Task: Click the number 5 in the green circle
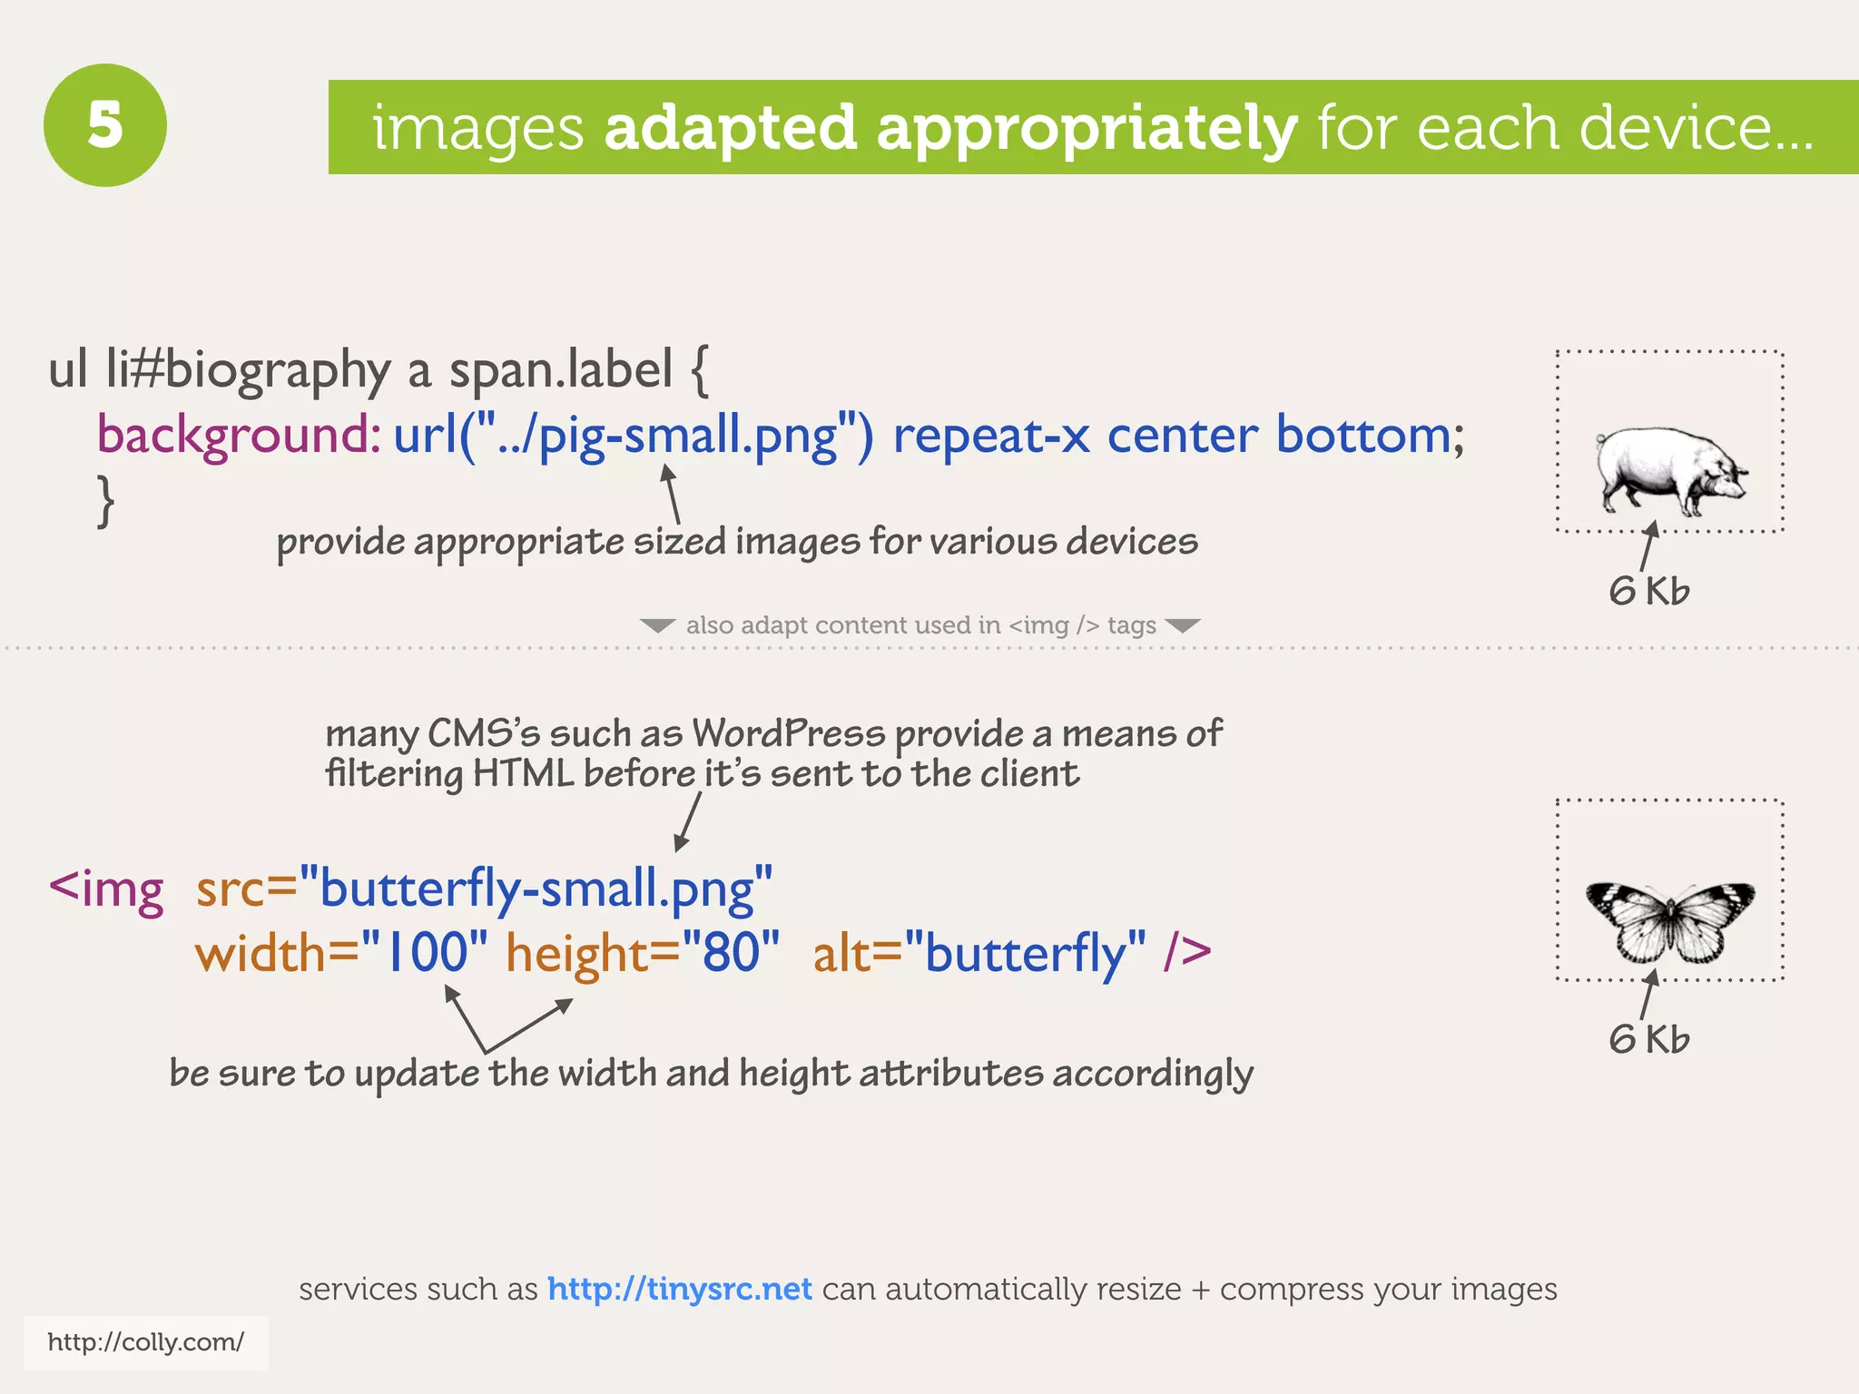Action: coord(105,125)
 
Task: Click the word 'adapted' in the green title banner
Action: coord(730,128)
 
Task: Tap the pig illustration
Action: coord(1670,470)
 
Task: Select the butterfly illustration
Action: coord(1670,919)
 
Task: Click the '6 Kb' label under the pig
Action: coord(1649,591)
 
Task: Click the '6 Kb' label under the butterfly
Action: coord(1649,1039)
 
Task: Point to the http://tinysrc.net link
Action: coord(679,1289)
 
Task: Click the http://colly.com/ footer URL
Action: coord(145,1342)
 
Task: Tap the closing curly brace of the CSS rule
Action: coord(106,500)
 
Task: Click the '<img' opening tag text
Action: coord(106,888)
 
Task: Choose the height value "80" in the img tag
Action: coord(731,953)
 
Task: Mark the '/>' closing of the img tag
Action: coord(1187,953)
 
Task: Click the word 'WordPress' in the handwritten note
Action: coord(788,733)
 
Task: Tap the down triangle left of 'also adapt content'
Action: coord(657,625)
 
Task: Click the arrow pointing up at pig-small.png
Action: coord(672,492)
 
